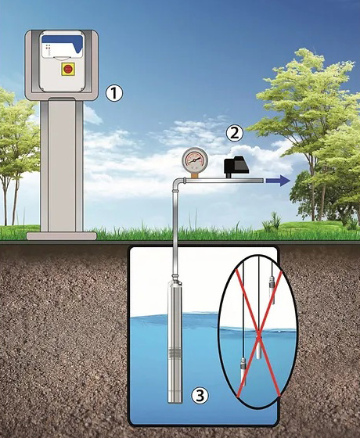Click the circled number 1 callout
[114, 93]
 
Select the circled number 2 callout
[234, 133]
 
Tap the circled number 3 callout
[200, 395]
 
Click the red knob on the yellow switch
[68, 69]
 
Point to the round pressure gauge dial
[195, 160]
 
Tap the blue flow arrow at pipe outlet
[278, 181]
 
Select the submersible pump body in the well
[175, 342]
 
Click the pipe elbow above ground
[178, 183]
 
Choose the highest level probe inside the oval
[272, 290]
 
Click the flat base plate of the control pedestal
[62, 236]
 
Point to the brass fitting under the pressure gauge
[195, 175]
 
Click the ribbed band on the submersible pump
[175, 354]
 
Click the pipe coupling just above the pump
[175, 278]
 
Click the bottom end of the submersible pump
[175, 402]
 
